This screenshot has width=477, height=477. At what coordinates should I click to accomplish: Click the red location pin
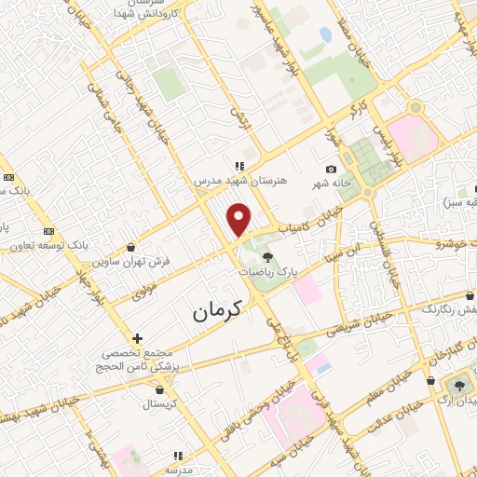[239, 220]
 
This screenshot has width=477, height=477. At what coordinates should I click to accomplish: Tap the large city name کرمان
[217, 312]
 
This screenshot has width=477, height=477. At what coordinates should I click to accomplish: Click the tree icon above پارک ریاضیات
[268, 258]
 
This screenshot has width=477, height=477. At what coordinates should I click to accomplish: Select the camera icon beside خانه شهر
[331, 169]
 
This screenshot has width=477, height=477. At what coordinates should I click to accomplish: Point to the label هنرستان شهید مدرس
[241, 181]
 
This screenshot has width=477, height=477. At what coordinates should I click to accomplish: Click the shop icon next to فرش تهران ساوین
[129, 248]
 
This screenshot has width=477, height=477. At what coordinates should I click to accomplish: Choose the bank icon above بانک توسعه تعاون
[48, 231]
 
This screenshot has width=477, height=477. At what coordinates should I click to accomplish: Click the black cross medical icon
[137, 338]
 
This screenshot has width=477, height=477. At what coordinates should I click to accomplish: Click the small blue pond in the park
[325, 35]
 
